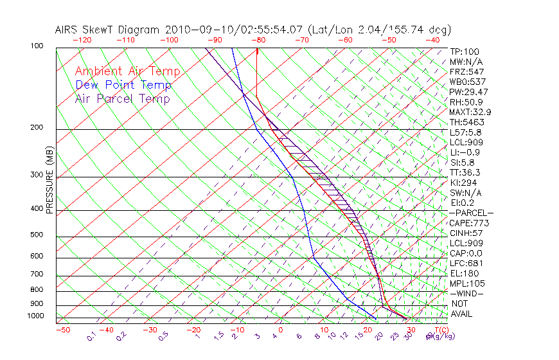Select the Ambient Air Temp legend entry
[127, 71]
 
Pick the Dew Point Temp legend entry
[123, 85]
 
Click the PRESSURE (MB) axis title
[49, 180]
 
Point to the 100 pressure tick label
[37, 46]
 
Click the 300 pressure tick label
[37, 175]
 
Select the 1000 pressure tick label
[35, 316]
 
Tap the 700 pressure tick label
[37, 274]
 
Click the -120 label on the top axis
[81, 40]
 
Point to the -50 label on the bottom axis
[62, 330]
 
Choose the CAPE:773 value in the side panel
[469, 223]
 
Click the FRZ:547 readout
[466, 71]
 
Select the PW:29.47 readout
[468, 92]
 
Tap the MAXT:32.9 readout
[471, 112]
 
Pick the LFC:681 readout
[466, 263]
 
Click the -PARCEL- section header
[471, 213]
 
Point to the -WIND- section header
[466, 293]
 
